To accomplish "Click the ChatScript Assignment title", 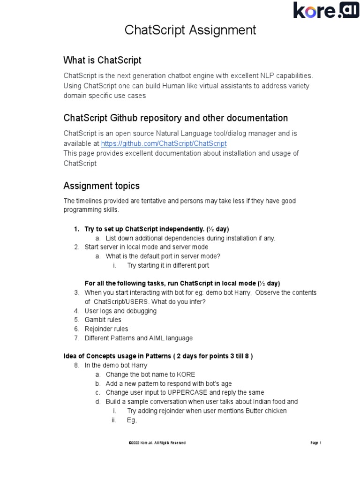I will click(190, 30).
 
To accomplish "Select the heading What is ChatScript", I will click(102, 60).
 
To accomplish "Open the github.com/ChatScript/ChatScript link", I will click(164, 143).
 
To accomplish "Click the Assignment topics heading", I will click(101, 186).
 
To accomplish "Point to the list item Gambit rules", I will click(103, 320).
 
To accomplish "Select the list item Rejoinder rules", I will click(106, 329).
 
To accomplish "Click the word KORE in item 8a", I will click(186, 375).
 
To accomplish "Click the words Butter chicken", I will click(266, 411).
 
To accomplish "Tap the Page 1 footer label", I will click(315, 443).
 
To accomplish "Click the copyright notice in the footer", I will click(157, 443).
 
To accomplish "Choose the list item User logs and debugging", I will click(120, 311).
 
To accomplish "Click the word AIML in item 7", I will click(157, 338).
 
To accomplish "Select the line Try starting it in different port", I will click(168, 265).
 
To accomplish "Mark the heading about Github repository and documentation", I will click(175, 118).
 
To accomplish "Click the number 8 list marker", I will click(76, 365).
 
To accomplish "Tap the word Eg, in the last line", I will click(132, 420).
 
